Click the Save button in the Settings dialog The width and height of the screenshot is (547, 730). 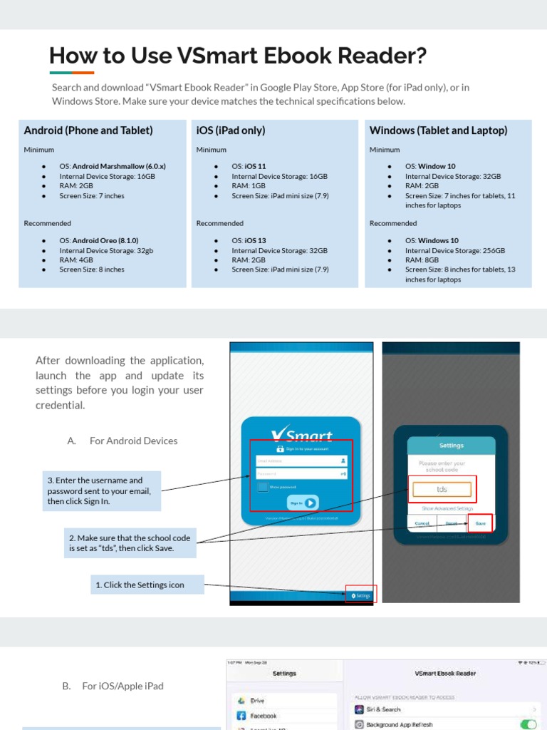pyautogui.click(x=480, y=523)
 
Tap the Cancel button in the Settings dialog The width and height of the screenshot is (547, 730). pyautogui.click(x=422, y=523)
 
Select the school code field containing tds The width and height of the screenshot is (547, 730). pyautogui.click(x=442, y=490)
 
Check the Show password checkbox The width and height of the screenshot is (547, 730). pyautogui.click(x=263, y=487)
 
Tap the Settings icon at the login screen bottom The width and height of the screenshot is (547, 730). pyautogui.click(x=361, y=595)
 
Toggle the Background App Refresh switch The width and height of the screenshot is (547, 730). pyautogui.click(x=528, y=724)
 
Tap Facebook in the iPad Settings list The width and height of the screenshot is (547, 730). pyautogui.click(x=263, y=716)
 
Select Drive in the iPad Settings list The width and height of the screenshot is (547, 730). pyautogui.click(x=256, y=701)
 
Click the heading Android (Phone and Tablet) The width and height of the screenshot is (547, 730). pyautogui.click(x=88, y=130)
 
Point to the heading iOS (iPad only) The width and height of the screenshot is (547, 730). pyautogui.click(x=231, y=130)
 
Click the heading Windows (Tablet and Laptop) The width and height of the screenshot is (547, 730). pyautogui.click(x=438, y=130)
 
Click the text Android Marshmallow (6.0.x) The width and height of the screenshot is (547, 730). pyautogui.click(x=119, y=166)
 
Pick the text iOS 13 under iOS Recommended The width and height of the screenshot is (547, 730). pyautogui.click(x=255, y=241)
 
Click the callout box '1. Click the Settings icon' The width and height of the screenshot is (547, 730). pyautogui.click(x=147, y=585)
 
